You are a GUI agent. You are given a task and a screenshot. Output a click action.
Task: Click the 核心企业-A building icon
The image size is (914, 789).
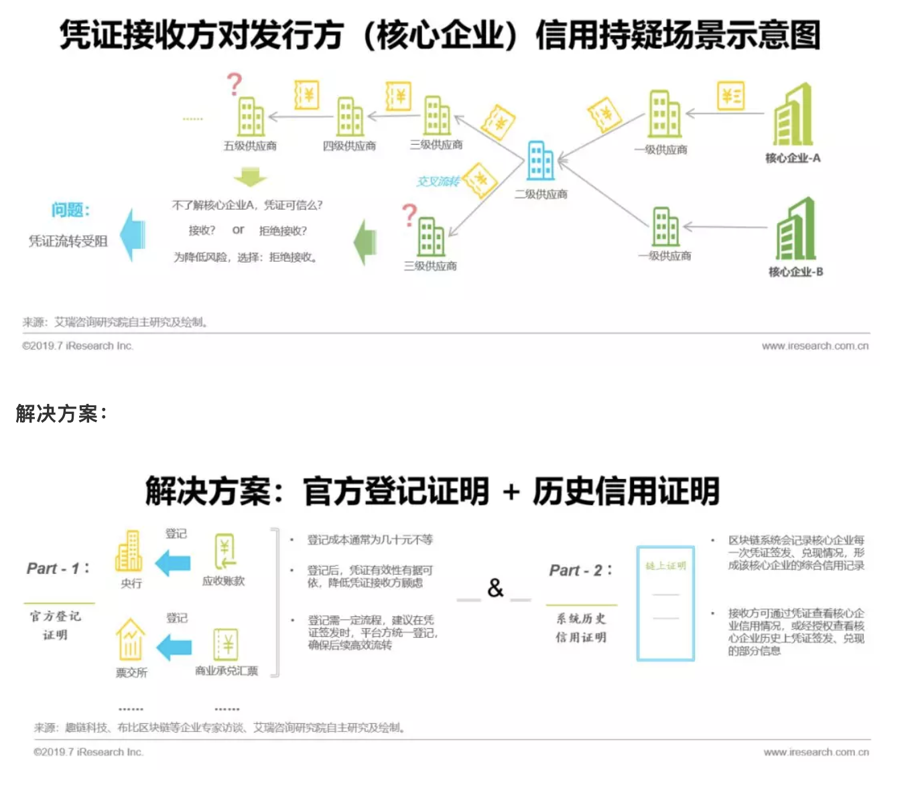tap(793, 115)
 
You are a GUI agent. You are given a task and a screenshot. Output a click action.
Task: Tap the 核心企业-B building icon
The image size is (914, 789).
tap(796, 229)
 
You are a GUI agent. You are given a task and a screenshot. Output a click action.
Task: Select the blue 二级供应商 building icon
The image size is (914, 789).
tap(540, 161)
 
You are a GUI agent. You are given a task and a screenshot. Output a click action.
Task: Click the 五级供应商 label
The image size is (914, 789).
tap(250, 146)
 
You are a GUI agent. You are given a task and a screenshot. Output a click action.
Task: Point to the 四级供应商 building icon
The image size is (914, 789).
tap(350, 117)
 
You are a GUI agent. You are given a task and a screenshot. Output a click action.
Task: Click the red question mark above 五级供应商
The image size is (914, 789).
tap(234, 85)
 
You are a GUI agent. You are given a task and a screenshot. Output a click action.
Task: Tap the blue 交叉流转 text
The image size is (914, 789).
tap(438, 182)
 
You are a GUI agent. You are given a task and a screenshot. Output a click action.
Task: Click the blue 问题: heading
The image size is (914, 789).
tap(70, 210)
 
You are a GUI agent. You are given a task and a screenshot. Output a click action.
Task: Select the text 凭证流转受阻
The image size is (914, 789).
tap(68, 241)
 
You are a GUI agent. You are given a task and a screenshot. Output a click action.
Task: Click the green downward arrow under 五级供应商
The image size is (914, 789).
tap(250, 177)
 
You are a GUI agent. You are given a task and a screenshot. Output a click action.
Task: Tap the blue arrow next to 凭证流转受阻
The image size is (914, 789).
tap(133, 234)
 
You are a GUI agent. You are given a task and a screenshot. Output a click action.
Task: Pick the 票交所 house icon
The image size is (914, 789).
tap(131, 640)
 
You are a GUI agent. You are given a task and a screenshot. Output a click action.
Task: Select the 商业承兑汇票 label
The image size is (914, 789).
tap(226, 671)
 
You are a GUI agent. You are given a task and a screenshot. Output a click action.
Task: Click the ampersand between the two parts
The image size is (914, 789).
tap(495, 588)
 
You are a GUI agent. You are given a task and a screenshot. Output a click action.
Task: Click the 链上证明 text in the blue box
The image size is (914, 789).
tap(665, 566)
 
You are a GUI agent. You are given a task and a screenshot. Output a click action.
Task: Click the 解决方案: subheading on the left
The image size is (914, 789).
tap(61, 414)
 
